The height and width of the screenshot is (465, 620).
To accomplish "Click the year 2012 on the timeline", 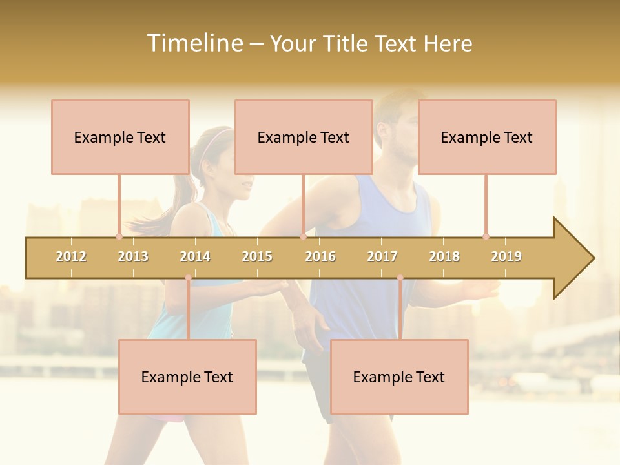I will click(x=71, y=256).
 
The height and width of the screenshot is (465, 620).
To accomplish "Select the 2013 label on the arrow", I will click(x=133, y=256).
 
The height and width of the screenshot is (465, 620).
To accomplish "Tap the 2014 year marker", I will click(x=195, y=256).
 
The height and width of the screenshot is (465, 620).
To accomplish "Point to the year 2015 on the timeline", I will click(x=257, y=256).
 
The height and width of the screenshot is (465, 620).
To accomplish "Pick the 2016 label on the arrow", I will click(x=320, y=256).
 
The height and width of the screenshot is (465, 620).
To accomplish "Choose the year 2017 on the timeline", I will click(x=382, y=256).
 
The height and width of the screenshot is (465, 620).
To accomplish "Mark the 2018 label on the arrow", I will click(x=444, y=256).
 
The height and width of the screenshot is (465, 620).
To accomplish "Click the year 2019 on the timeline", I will click(x=506, y=256).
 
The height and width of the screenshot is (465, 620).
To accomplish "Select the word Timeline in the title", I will click(x=194, y=43).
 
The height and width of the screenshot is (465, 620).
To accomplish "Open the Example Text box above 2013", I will click(x=120, y=137).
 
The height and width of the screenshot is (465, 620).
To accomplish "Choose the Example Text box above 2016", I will click(x=304, y=137).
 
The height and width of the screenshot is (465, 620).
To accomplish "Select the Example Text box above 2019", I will click(x=487, y=137).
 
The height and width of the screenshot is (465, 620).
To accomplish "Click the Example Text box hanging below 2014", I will click(x=187, y=377).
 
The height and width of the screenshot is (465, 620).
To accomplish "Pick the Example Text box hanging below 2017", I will click(x=399, y=377).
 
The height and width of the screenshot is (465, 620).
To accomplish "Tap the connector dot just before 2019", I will click(x=486, y=236).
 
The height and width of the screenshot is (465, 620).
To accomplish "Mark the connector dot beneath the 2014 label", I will click(x=188, y=278).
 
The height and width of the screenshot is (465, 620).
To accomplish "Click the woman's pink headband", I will click(x=218, y=138).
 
